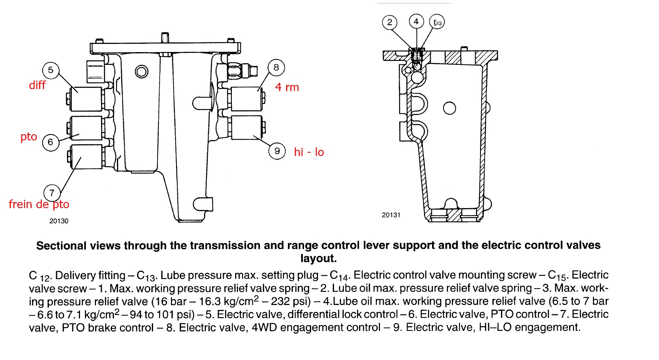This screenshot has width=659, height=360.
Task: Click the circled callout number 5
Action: pyautogui.click(x=50, y=70)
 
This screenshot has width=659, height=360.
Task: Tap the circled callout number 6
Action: pyautogui.click(x=50, y=142)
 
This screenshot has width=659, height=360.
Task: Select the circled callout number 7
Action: pyautogui.click(x=52, y=193)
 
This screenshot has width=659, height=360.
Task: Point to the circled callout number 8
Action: pyautogui.click(x=276, y=68)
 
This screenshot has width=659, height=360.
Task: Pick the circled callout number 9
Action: pyautogui.click(x=277, y=151)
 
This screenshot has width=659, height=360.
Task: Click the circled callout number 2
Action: pyautogui.click(x=389, y=22)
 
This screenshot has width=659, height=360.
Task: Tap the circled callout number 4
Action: pyautogui.click(x=416, y=21)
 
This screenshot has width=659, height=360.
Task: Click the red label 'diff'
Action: pyautogui.click(x=37, y=85)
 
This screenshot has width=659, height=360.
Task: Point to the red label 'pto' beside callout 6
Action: pyautogui.click(x=29, y=137)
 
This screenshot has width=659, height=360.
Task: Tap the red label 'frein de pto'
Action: pyautogui.click(x=39, y=204)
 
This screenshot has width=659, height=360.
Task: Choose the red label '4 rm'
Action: pyautogui.click(x=287, y=87)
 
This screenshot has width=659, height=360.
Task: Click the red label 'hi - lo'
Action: pyautogui.click(x=309, y=152)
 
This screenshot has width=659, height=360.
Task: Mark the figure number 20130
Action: pyautogui.click(x=59, y=221)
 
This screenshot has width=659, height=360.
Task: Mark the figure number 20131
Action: pyautogui.click(x=391, y=215)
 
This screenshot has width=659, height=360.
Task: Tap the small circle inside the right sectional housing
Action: pyautogui.click(x=450, y=108)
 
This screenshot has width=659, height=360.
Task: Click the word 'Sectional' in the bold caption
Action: pyautogui.click(x=61, y=246)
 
